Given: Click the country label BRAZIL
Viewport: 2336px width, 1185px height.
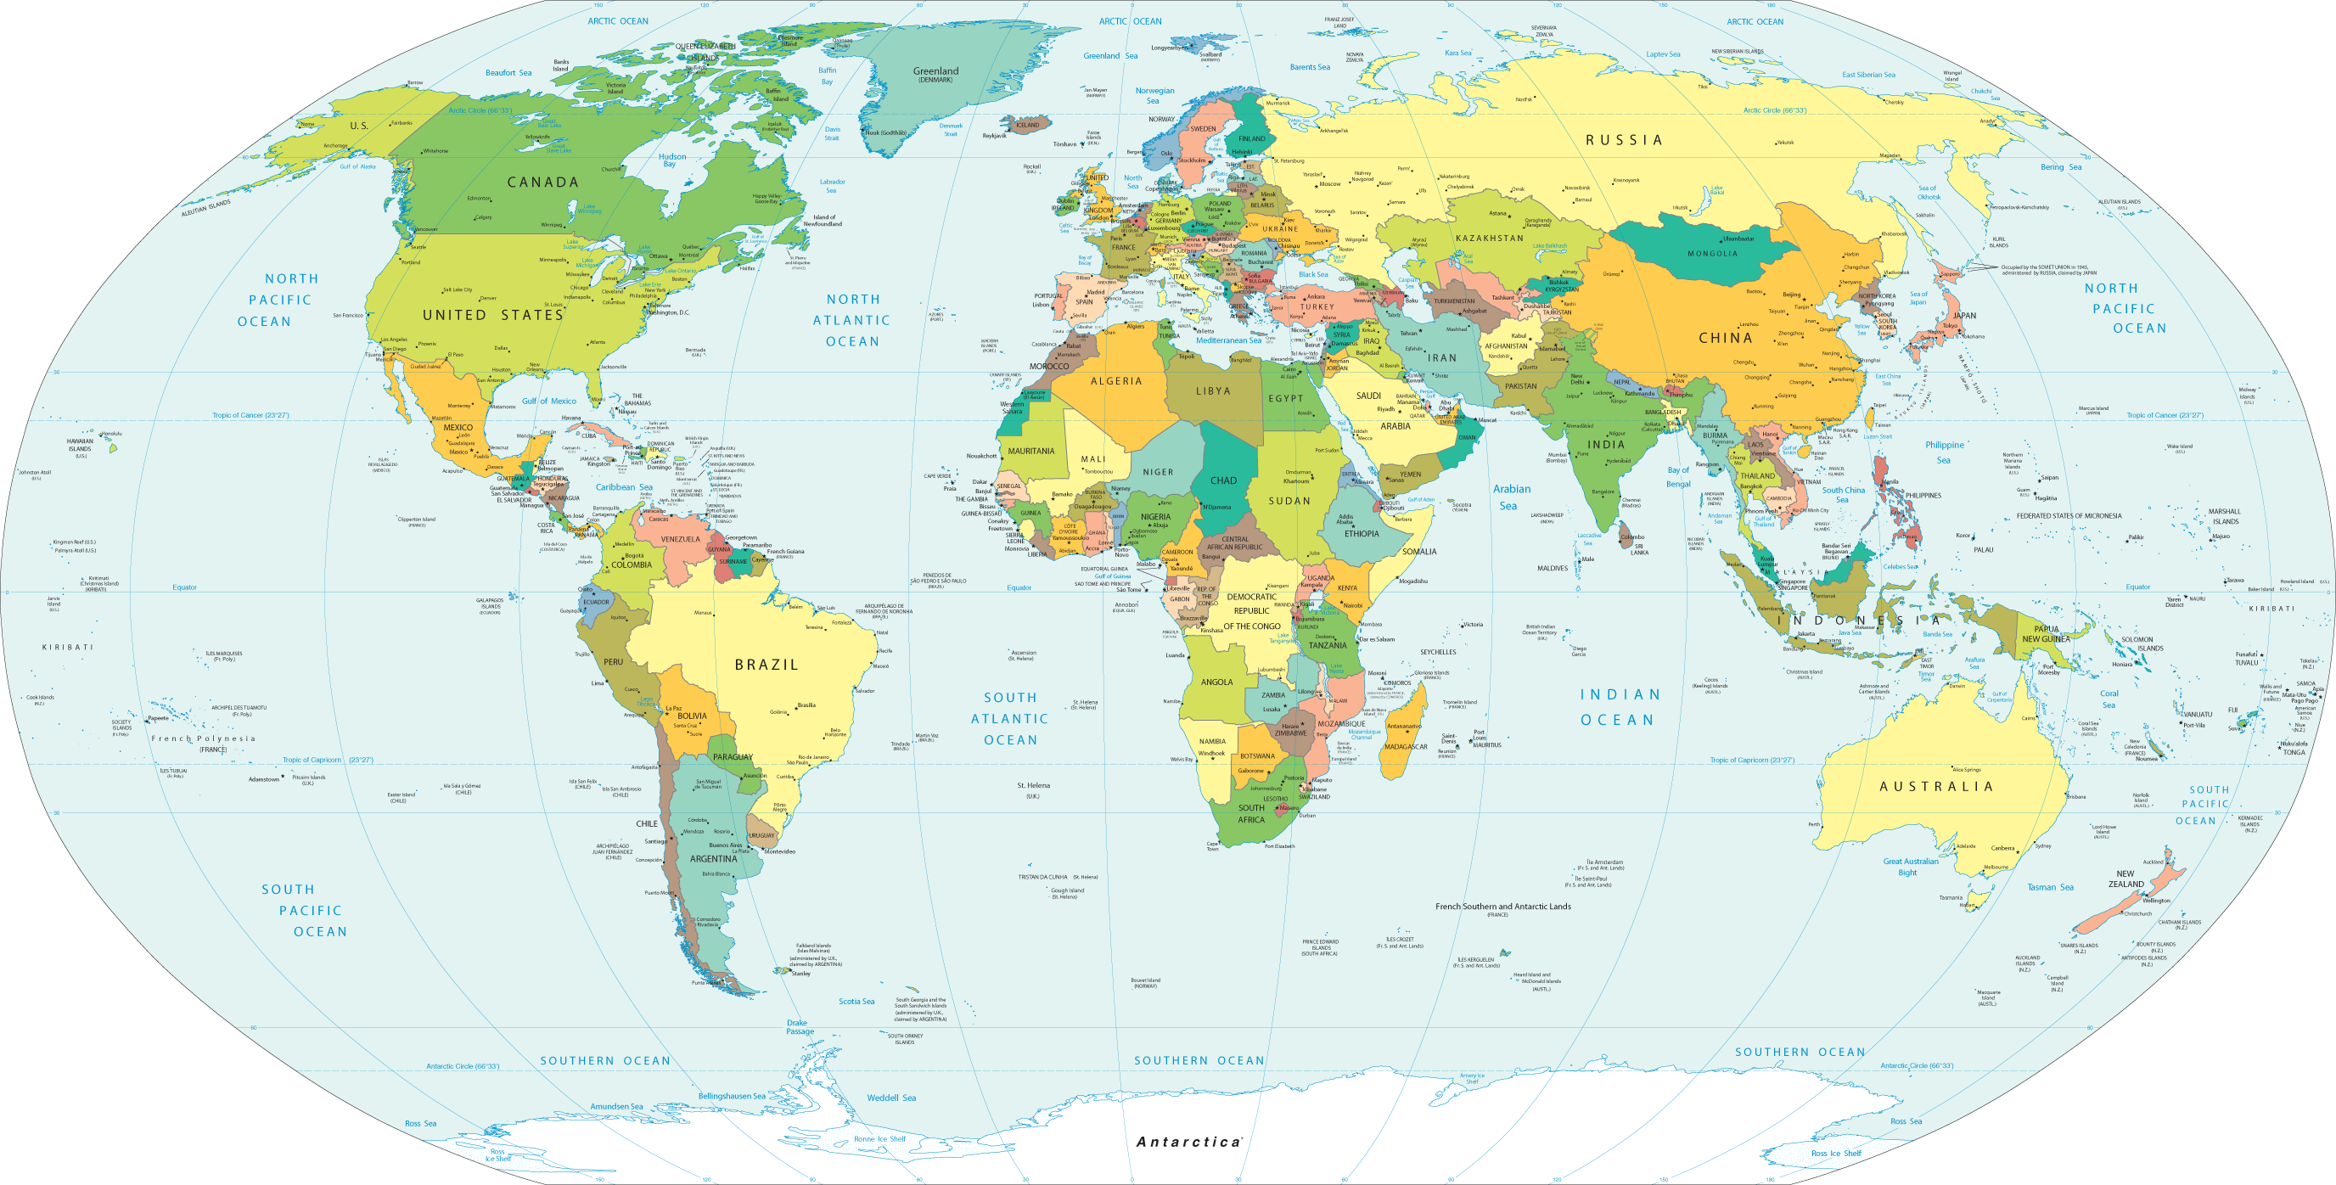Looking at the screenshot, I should click(766, 665).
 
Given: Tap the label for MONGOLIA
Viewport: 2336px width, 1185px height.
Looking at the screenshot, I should click(1712, 254).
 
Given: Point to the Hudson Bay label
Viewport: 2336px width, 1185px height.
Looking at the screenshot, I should click(671, 160).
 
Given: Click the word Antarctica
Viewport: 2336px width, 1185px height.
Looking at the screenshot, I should click(1188, 1142).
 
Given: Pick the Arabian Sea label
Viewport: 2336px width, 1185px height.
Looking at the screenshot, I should click(1511, 497).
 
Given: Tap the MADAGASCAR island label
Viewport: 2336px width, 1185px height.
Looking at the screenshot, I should click(1406, 747).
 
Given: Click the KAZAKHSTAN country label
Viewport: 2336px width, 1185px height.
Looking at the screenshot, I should click(1489, 239).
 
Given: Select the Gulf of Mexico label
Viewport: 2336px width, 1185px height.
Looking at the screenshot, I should click(548, 401).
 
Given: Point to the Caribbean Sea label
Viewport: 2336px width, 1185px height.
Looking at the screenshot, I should click(623, 487).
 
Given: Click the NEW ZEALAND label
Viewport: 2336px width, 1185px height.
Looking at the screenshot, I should click(2125, 879).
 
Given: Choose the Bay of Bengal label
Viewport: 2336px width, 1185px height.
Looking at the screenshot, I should click(1677, 477).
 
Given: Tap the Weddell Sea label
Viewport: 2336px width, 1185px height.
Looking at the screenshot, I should click(890, 1098).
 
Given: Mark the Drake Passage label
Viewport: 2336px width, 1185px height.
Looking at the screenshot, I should click(799, 1026).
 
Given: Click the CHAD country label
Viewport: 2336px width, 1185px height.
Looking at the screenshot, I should click(1222, 480).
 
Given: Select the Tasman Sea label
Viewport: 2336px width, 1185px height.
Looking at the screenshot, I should click(2049, 887).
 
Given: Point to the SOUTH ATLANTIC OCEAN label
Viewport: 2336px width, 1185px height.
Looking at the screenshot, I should click(1009, 718).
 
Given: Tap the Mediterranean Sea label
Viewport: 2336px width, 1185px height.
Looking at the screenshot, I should click(1228, 341).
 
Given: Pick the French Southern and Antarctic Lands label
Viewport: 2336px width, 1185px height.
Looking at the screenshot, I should click(1502, 906).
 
